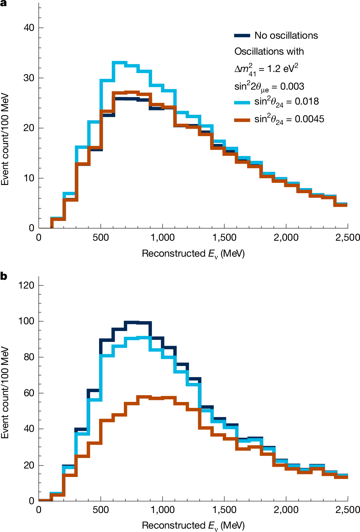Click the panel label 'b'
pyautogui.click(x=4, y=276)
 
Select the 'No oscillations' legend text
pyautogui.click(x=286, y=35)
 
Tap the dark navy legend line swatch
pyautogui.click(x=242, y=35)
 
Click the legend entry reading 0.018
pyautogui.click(x=286, y=102)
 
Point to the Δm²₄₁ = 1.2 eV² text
pyautogui.click(x=266, y=69)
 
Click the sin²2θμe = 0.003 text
pyautogui.click(x=269, y=87)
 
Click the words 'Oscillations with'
pyautogui.click(x=269, y=51)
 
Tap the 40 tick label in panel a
pyautogui.click(x=29, y=28)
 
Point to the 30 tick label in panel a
pyautogui.click(x=29, y=78)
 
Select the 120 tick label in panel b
pyautogui.click(x=26, y=285)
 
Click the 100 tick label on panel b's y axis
pyautogui.click(x=26, y=321)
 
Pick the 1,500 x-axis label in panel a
pyautogui.click(x=224, y=238)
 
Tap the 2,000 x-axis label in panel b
pyautogui.click(x=286, y=510)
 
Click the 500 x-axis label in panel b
pyautogui.click(x=101, y=510)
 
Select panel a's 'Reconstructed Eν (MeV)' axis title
pyautogui.click(x=193, y=254)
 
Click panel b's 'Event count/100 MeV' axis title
pyautogui.click(x=5, y=392)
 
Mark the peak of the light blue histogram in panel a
pyautogui.click(x=119, y=63)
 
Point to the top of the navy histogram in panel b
pyautogui.click(x=132, y=322)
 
